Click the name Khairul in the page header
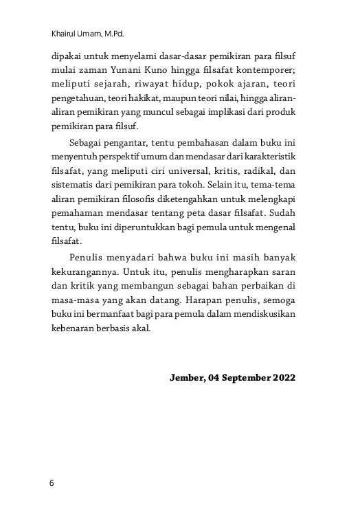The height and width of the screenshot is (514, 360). (x=65, y=32)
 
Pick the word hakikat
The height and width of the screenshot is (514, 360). (x=149, y=98)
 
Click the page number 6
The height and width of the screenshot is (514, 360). (x=52, y=484)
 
